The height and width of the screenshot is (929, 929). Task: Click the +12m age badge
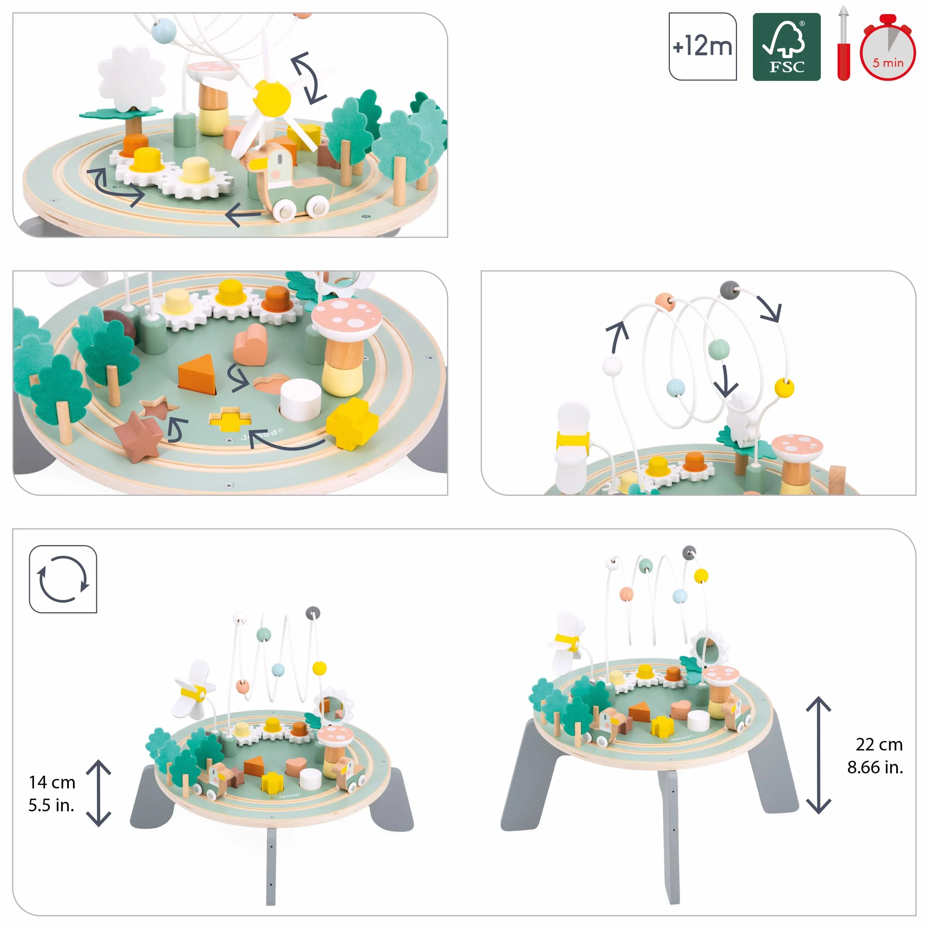[703, 47]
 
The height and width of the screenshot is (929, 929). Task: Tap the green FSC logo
[787, 47]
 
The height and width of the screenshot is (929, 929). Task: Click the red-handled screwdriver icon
[843, 43]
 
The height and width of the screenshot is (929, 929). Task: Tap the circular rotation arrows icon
[63, 579]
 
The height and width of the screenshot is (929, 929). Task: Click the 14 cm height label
[52, 782]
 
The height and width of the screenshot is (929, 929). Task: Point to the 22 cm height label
[879, 745]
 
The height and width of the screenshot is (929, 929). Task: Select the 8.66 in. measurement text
[875, 767]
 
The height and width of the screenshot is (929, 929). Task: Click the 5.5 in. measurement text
[51, 805]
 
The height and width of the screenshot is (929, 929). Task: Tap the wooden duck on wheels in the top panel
[288, 181]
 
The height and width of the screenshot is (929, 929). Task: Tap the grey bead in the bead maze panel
[730, 290]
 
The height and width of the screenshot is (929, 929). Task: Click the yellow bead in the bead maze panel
[784, 387]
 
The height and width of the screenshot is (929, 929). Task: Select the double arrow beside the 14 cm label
[99, 793]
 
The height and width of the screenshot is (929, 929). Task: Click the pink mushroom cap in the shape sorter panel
[347, 314]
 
